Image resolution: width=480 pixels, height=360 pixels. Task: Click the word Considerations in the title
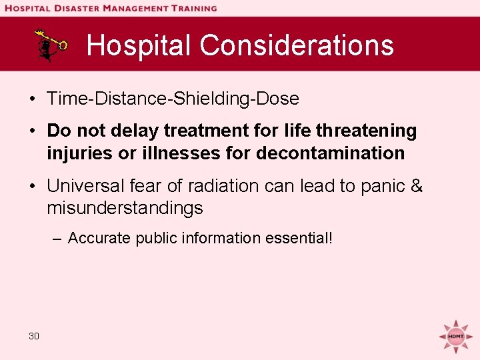[297, 45]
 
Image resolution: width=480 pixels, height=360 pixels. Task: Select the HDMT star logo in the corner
[456, 335]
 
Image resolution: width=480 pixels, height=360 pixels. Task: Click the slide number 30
[34, 336]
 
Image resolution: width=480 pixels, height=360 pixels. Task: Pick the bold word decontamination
[330, 153]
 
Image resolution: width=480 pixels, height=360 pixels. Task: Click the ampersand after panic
[417, 185]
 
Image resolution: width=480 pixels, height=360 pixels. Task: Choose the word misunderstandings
[125, 208]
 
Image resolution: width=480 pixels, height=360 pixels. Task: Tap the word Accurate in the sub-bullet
[100, 238]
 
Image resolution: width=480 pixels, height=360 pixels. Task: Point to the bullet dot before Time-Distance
[32, 99]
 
